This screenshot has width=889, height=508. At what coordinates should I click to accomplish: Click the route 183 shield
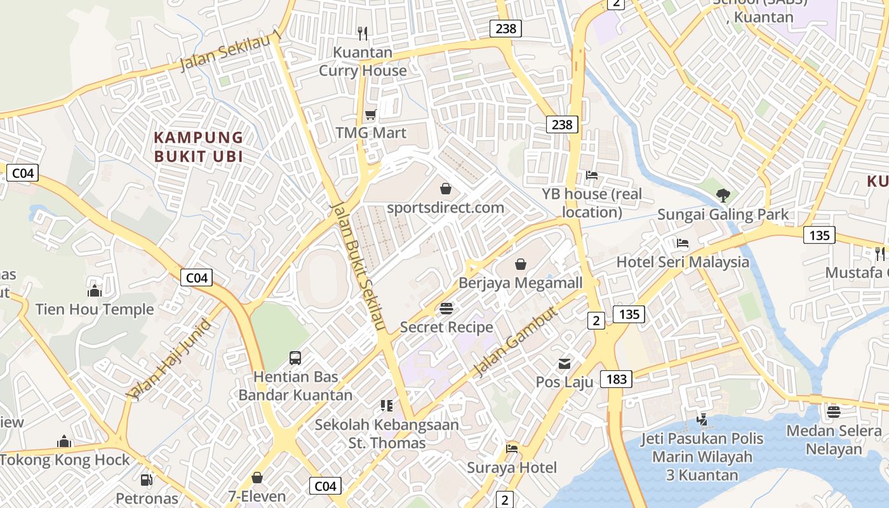coord(616,379)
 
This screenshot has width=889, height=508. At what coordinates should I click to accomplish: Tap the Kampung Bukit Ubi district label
coord(199,147)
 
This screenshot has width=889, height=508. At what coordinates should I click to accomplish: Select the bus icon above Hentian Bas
coord(295,358)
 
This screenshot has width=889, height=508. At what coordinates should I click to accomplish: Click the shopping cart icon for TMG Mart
coord(370,115)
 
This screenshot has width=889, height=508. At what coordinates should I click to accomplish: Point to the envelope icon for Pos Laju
coord(564,364)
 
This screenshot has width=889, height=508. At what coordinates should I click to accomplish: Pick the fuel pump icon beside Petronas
coord(147,481)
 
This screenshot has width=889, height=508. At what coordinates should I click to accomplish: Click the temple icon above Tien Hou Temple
coord(95,291)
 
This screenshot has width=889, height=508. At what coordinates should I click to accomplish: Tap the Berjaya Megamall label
coord(520,283)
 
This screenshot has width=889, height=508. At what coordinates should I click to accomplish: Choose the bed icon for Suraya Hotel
coord(512,449)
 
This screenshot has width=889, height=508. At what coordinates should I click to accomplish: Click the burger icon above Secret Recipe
coord(446,309)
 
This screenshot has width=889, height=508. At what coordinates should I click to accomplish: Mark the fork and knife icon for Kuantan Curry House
coord(363,33)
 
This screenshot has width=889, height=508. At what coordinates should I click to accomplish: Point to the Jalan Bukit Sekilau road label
coord(359,267)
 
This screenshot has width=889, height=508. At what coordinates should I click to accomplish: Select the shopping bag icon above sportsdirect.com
coord(446,189)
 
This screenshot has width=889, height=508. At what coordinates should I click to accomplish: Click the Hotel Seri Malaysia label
coord(683,262)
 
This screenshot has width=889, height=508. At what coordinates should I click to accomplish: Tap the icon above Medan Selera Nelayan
coord(833,411)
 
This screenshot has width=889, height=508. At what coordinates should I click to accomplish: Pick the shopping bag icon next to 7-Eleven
coord(257,478)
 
